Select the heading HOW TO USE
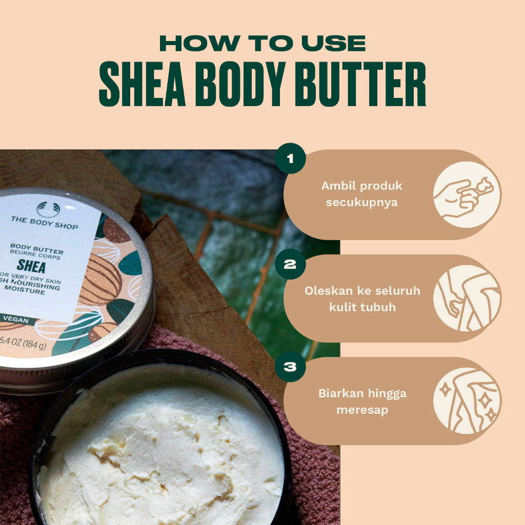262,44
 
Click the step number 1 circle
290,158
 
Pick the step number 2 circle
290,265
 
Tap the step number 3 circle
290,367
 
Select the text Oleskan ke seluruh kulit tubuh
362,299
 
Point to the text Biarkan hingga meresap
362,401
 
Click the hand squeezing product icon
467,194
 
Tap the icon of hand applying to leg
467,298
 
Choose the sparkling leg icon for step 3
467,401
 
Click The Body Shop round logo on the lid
45,209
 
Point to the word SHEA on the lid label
31,267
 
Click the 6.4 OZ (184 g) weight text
24,345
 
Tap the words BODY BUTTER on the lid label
37,252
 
